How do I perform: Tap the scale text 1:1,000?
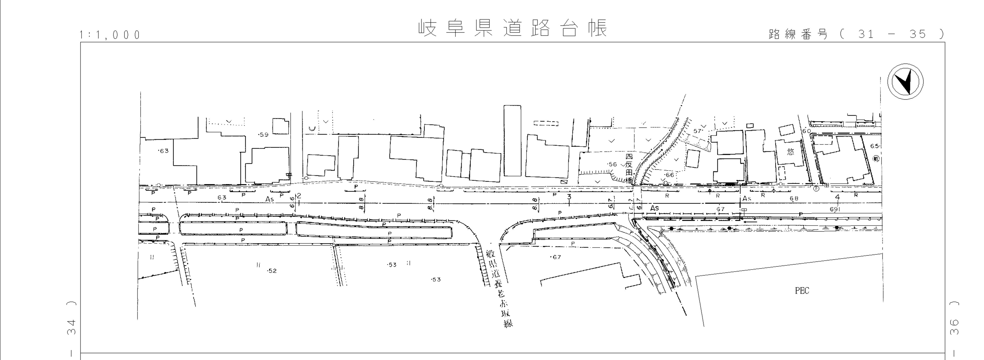click(110, 35)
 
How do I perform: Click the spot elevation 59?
click(264, 134)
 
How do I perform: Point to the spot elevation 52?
click(272, 271)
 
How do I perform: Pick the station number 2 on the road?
click(299, 196)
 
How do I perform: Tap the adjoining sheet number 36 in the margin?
click(954, 327)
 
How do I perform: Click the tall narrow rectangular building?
click(512, 141)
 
